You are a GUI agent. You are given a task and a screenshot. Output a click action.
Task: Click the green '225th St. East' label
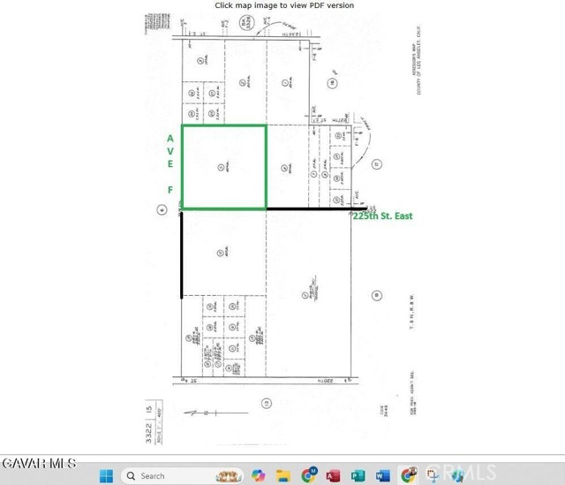point(383,216)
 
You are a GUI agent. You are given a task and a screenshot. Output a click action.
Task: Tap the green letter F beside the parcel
point(169,188)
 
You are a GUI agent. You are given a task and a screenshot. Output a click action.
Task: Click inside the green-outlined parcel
point(224,168)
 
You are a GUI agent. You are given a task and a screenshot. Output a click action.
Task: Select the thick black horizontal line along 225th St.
point(309,209)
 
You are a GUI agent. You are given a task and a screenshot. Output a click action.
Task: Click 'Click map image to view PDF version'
point(284,5)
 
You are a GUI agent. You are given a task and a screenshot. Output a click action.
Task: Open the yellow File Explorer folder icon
point(283,475)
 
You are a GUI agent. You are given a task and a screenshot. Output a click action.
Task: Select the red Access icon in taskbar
point(334,475)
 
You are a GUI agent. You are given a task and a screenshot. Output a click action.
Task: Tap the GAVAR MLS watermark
point(39,463)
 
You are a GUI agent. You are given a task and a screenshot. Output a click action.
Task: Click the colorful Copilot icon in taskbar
point(259,475)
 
